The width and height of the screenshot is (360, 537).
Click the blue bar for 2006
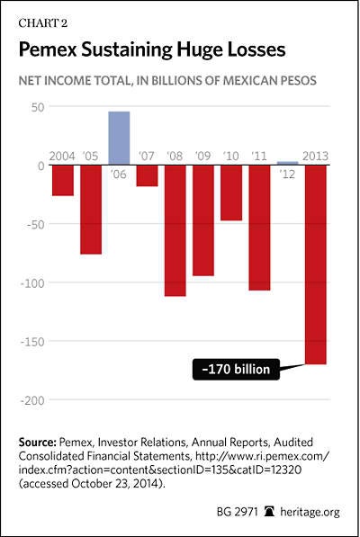click(x=119, y=138)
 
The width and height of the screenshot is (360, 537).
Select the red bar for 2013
click(x=316, y=264)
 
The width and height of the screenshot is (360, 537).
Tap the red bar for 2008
click(x=175, y=230)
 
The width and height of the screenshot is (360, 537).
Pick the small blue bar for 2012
click(x=288, y=163)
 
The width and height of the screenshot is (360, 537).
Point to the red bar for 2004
click(x=63, y=181)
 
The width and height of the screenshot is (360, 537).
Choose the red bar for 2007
click(x=147, y=175)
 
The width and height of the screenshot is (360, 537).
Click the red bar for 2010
click(x=231, y=192)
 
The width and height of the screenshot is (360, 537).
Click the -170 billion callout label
click(x=236, y=369)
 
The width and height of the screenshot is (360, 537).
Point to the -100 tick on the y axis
click(x=32, y=283)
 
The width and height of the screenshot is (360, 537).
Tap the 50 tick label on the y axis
click(x=38, y=107)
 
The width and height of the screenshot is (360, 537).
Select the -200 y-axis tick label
click(x=32, y=400)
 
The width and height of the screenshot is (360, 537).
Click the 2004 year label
click(x=62, y=157)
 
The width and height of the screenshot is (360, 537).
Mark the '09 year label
click(x=202, y=157)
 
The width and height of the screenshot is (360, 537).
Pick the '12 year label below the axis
click(x=287, y=175)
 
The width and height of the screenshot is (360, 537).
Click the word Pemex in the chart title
click(x=48, y=49)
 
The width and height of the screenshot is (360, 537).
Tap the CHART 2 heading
click(x=43, y=23)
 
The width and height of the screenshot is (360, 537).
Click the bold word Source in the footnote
click(x=37, y=443)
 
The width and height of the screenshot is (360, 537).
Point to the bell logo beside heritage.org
click(x=270, y=512)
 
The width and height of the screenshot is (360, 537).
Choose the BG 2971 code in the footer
click(x=237, y=512)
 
